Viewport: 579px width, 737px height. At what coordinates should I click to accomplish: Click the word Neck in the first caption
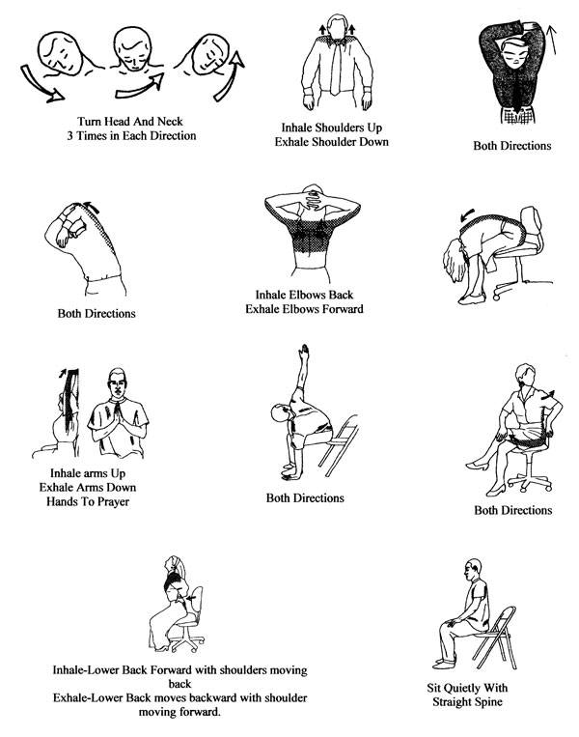(170, 122)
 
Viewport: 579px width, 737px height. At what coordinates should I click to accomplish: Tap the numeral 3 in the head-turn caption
(69, 136)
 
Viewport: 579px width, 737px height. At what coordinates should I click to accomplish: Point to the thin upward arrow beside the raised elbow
(551, 40)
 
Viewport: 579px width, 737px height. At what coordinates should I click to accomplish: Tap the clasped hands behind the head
(313, 196)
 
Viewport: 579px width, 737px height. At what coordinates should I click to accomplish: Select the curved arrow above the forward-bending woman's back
(468, 215)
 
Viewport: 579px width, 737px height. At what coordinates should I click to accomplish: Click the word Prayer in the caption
(113, 502)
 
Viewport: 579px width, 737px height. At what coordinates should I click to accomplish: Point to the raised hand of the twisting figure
(304, 351)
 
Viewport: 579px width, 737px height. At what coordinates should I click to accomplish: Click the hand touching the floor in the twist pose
(290, 472)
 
